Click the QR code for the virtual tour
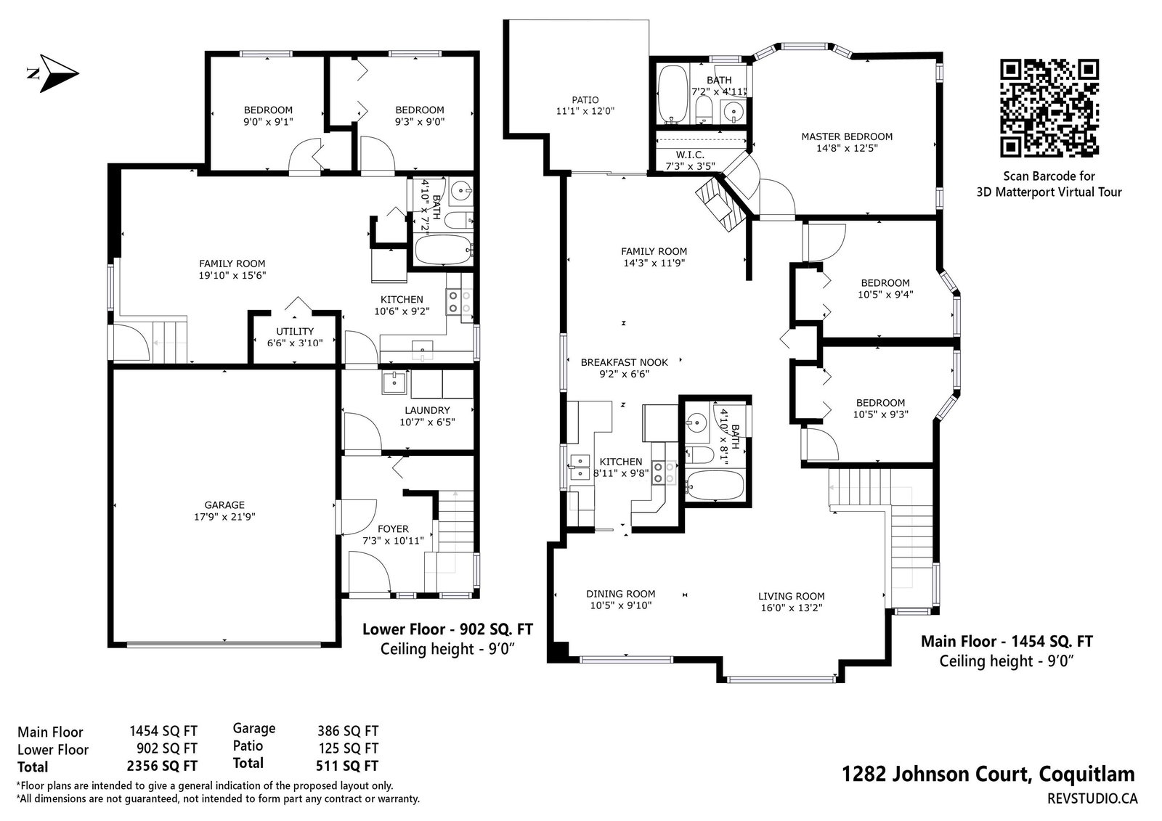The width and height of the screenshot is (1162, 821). (x=1049, y=108)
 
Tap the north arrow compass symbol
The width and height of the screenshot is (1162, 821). (x=54, y=73)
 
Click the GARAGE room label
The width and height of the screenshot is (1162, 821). (x=224, y=505)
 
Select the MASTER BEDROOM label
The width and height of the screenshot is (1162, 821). (x=847, y=136)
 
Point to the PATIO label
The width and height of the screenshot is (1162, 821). (x=585, y=99)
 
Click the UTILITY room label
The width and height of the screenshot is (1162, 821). (x=295, y=331)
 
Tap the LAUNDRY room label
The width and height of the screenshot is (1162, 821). (x=427, y=410)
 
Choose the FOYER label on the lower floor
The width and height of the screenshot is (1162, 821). (x=393, y=529)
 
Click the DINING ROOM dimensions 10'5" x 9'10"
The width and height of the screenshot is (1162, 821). (x=620, y=605)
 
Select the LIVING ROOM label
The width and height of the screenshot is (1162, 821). (x=791, y=597)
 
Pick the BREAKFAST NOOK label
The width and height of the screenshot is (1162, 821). (x=624, y=362)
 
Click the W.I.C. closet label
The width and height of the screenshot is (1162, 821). (x=690, y=155)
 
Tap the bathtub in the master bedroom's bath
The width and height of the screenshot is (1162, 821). (x=673, y=94)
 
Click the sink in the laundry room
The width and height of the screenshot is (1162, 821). (x=395, y=383)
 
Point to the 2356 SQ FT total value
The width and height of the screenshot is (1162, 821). (x=162, y=766)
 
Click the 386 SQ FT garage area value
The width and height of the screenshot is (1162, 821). (x=348, y=731)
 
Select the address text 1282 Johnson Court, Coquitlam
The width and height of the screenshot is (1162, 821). (x=988, y=775)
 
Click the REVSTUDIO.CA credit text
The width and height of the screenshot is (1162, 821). (x=1092, y=798)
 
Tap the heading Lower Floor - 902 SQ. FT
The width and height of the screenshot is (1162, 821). (x=447, y=629)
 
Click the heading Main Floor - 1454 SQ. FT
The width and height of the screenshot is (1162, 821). (x=1007, y=642)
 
